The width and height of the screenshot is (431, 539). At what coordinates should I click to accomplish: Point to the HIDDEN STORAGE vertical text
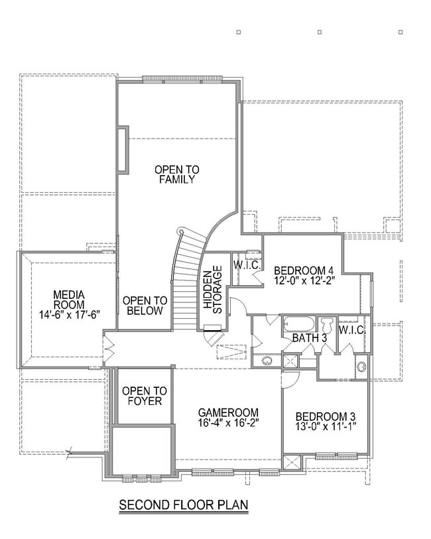[x=212, y=290]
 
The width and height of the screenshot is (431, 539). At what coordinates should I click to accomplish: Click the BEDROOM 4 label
[x=304, y=270]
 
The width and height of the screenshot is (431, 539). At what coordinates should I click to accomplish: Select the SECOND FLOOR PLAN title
[x=184, y=505]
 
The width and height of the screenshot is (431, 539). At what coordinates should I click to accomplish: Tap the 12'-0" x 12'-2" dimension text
[x=304, y=281]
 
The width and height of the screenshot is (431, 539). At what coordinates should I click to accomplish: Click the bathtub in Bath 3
[x=300, y=326]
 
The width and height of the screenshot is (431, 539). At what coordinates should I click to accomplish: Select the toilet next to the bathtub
[x=326, y=326]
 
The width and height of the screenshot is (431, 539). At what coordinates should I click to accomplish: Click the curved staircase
[x=186, y=278]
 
